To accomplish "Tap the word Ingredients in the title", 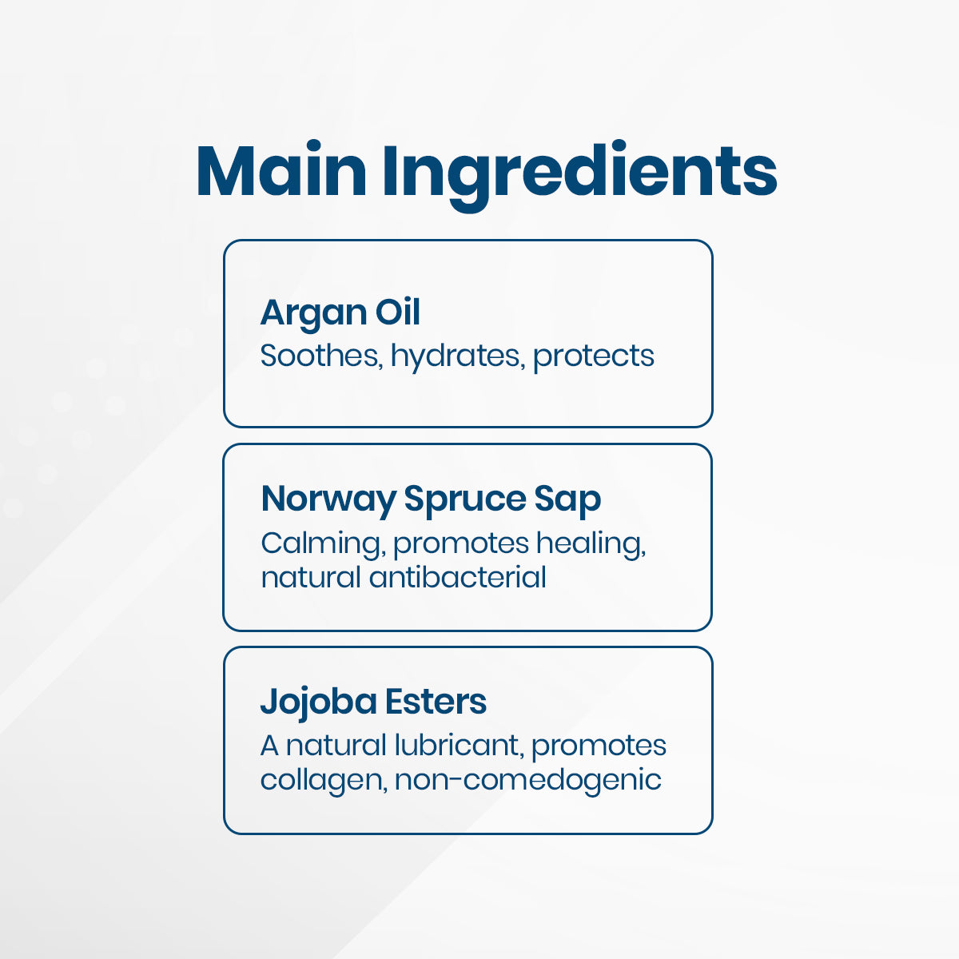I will pyautogui.click(x=579, y=173).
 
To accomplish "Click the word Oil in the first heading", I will pyautogui.click(x=397, y=312).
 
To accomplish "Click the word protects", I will pyautogui.click(x=593, y=356).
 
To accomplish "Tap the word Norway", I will pyautogui.click(x=328, y=499).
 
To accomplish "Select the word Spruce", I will pyautogui.click(x=464, y=500).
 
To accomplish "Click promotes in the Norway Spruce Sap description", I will pyautogui.click(x=461, y=544).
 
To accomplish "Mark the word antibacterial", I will pyautogui.click(x=457, y=577).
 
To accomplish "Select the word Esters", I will pyautogui.click(x=436, y=702).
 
